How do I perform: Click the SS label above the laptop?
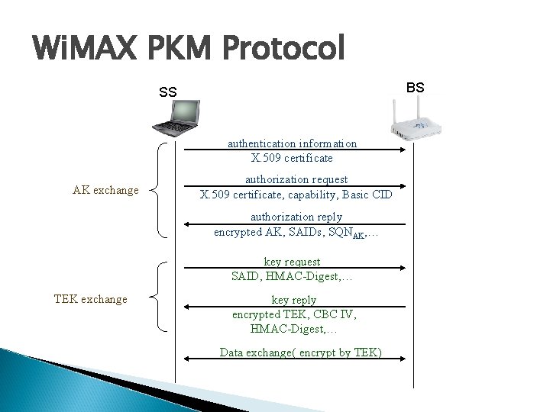pos(168,93)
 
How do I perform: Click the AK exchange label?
pos(105,190)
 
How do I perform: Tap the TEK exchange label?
pos(91,299)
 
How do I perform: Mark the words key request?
pos(292,262)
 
